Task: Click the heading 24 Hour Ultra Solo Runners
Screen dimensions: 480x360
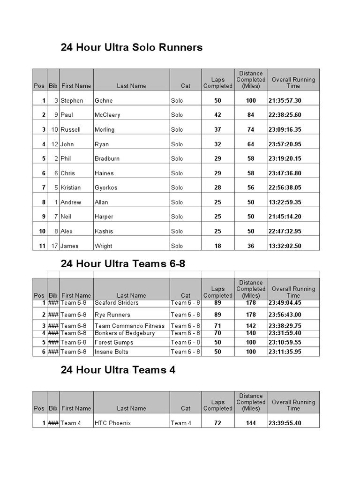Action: (132, 47)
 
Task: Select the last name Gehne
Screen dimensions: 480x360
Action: (104, 100)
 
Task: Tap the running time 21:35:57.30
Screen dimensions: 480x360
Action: (285, 100)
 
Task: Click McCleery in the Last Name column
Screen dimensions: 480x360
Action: (107, 115)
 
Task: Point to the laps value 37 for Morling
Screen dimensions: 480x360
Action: (217, 129)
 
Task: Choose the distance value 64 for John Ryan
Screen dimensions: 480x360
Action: (251, 144)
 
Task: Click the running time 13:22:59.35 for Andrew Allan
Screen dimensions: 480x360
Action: (285, 202)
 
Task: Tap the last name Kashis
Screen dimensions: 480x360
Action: (104, 231)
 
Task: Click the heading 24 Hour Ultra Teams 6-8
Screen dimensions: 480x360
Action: (123, 263)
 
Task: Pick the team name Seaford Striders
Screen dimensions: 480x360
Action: (117, 303)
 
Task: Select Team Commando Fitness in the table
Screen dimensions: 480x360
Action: (129, 326)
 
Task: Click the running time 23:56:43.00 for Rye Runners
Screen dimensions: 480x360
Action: (285, 315)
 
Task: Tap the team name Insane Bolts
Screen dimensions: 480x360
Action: (111, 352)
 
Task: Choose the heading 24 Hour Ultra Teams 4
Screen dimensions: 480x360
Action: (118, 370)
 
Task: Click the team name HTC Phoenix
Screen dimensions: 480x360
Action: (112, 423)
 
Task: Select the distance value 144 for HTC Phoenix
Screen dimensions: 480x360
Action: (251, 423)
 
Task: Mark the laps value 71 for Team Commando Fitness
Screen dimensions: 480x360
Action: (217, 326)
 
